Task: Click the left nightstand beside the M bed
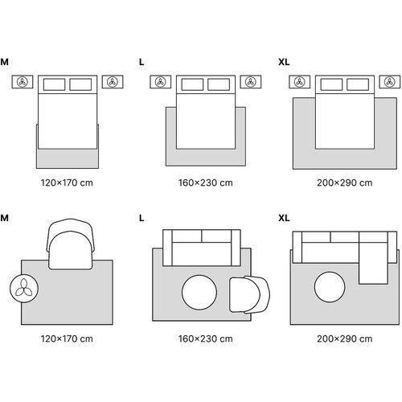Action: point(23,82)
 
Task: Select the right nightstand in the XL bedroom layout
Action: point(390,82)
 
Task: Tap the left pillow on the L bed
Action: point(192,84)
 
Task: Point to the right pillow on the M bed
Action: point(80,84)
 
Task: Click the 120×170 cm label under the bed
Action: point(67,183)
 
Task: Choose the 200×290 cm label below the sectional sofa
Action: point(345,338)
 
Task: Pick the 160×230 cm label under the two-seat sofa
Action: point(206,338)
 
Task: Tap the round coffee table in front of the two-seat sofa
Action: point(199,293)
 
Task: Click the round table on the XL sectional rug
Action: point(330,287)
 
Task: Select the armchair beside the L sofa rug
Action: point(250,294)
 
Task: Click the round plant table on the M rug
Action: point(24,289)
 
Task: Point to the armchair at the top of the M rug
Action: point(71,244)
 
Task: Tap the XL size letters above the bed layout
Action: point(284,62)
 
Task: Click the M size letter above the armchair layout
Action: point(4,218)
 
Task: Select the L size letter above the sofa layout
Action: point(142,218)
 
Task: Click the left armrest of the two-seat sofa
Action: point(167,248)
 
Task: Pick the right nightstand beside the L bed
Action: point(251,82)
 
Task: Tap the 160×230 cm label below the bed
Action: point(206,183)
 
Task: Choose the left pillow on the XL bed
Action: point(331,84)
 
